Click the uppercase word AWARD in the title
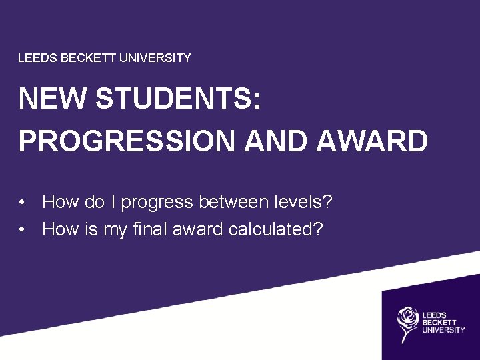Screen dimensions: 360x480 tap(373, 141)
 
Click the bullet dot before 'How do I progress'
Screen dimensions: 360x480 tap(23, 202)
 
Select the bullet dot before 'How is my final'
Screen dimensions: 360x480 tap(23, 230)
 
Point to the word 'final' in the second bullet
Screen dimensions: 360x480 tap(149, 229)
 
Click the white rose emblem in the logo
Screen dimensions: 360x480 tap(407, 323)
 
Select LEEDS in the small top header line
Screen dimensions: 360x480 tap(38, 58)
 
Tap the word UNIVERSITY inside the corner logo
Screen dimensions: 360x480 tap(443, 329)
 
